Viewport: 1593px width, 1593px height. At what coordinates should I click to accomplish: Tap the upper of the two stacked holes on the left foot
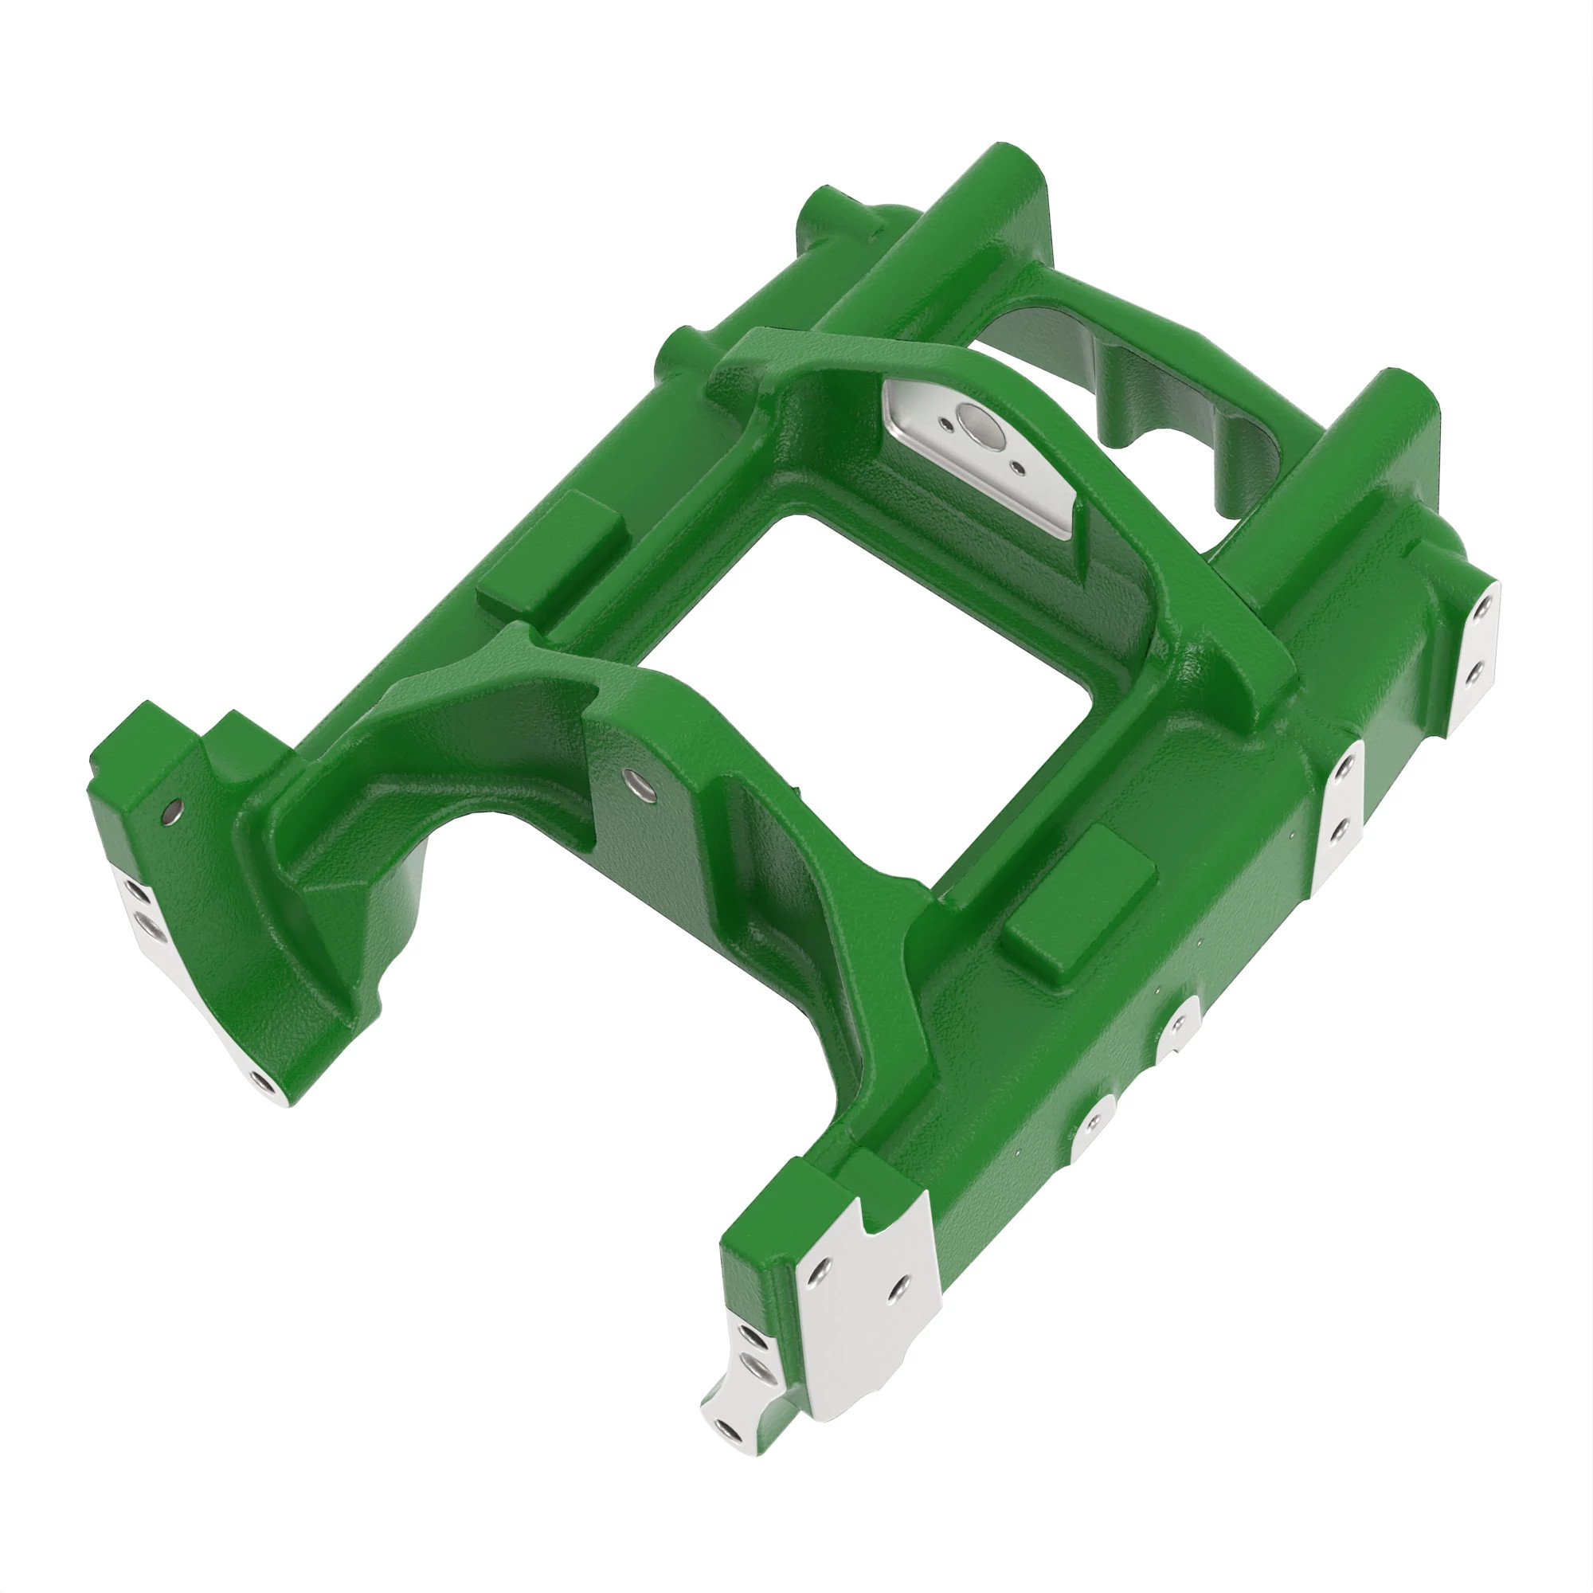(x=136, y=892)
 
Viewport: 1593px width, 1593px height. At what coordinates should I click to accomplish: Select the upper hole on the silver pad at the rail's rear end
(x=1482, y=608)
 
